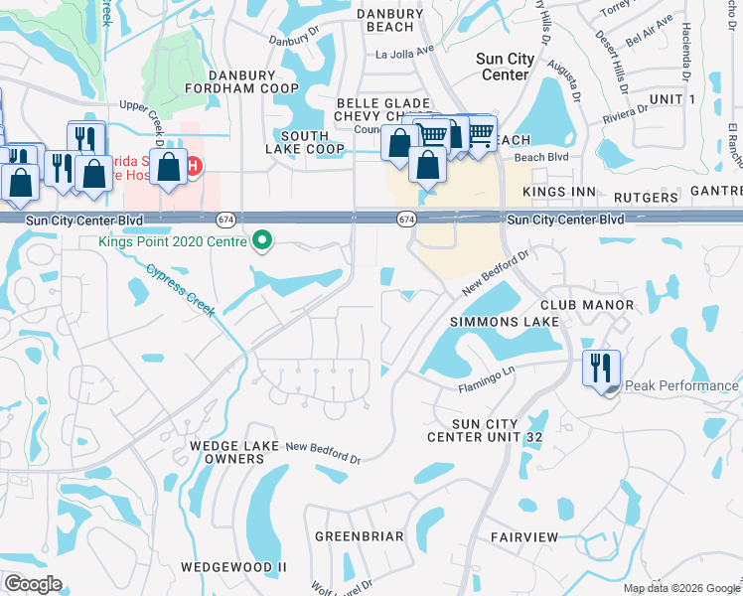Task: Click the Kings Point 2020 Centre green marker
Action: pyautogui.click(x=262, y=240)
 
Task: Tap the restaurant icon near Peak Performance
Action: pyautogui.click(x=601, y=368)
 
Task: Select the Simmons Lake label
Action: pyautogui.click(x=505, y=322)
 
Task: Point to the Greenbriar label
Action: pyautogui.click(x=360, y=536)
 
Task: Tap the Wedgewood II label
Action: pyautogui.click(x=233, y=567)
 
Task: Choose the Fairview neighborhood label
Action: pyautogui.click(x=524, y=536)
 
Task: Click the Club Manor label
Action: pyautogui.click(x=586, y=304)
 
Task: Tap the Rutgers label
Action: pyautogui.click(x=645, y=198)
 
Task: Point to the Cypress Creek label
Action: pyautogui.click(x=181, y=289)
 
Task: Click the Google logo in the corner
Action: pyautogui.click(x=33, y=584)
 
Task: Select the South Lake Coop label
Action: pyautogui.click(x=305, y=142)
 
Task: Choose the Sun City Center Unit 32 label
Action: pyautogui.click(x=485, y=430)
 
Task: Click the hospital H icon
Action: pyautogui.click(x=194, y=165)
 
